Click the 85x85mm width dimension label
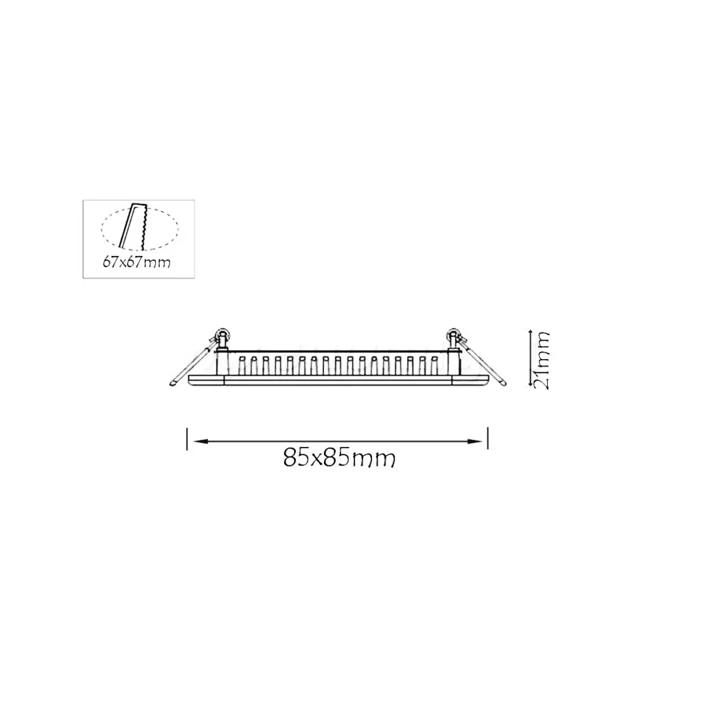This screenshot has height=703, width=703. point(339,457)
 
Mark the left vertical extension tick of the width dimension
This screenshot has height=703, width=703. point(187,439)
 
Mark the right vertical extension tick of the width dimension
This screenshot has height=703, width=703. point(487,439)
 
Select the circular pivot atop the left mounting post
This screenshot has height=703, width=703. point(223,335)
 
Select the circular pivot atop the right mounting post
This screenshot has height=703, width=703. point(453,335)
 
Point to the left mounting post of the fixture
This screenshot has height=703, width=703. point(222,360)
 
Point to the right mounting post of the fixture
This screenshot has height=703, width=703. point(454,360)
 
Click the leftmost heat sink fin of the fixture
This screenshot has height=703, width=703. point(241,365)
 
